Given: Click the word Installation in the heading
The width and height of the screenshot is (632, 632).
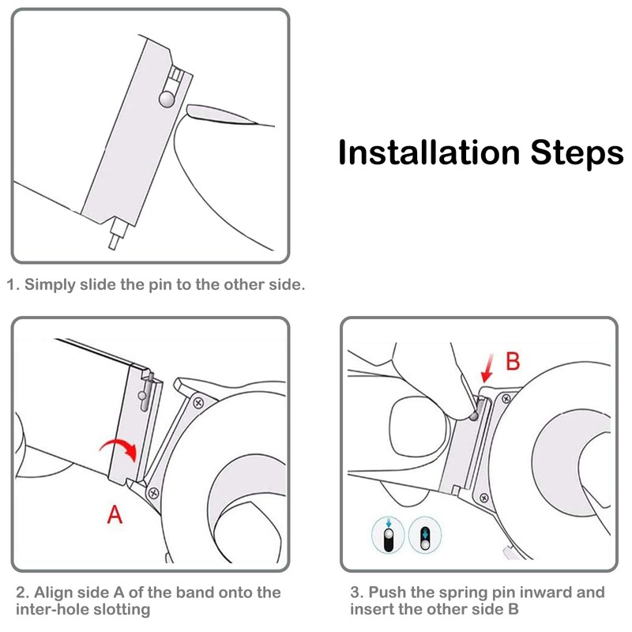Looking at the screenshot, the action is [429, 152].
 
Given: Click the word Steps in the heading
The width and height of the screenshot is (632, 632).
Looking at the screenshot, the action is [577, 153].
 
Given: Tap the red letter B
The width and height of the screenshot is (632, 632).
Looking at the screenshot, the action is [513, 361].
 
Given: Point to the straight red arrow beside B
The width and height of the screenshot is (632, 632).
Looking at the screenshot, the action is [487, 368].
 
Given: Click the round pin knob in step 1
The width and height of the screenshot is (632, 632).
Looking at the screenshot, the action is [167, 99].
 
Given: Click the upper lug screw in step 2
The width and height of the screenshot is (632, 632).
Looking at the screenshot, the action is [198, 403].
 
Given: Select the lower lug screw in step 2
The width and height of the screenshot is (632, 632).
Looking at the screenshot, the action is [153, 492].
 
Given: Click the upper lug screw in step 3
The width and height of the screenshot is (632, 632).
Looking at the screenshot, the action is [506, 399].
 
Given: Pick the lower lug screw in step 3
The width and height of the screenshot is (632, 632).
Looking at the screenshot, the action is [484, 498].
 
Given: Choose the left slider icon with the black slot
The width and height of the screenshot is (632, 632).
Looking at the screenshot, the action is [388, 536].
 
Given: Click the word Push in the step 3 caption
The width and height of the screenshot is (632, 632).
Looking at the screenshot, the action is [387, 592].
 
